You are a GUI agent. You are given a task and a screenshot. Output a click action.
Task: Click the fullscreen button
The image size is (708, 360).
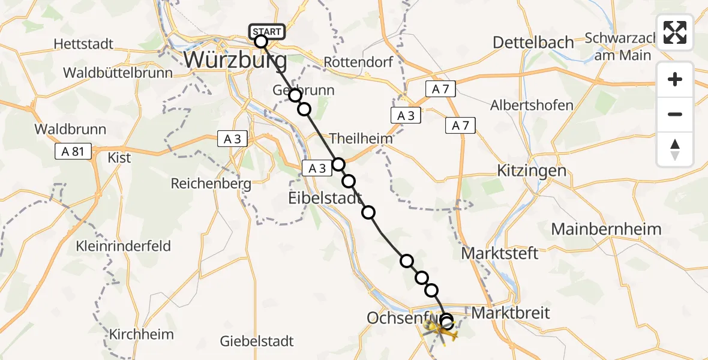pos(675,32)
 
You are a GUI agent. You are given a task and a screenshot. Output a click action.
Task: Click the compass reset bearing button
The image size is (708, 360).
pos(675,150)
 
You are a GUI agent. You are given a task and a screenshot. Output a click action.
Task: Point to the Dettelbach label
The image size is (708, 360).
pos(533,43)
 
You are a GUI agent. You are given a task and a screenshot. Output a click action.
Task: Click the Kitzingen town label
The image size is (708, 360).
pos(532,170)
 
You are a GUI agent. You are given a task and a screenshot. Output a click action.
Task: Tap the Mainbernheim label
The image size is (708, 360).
pos(606,229)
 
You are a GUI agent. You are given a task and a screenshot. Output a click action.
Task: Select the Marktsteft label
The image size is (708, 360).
pos(499,253)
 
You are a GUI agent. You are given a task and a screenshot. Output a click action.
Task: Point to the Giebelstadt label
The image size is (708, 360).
pos(257,341)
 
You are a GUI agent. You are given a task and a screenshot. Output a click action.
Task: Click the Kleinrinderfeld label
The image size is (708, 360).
pos(123,246)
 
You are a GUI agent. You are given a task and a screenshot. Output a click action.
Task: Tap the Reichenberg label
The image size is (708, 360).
pos(211,184)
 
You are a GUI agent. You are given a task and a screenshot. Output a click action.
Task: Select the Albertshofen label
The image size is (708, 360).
pos(532,106)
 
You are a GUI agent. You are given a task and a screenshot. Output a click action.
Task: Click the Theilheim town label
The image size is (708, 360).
pos(361,138)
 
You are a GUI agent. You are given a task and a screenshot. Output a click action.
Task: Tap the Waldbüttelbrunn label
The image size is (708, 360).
pos(118,73)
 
